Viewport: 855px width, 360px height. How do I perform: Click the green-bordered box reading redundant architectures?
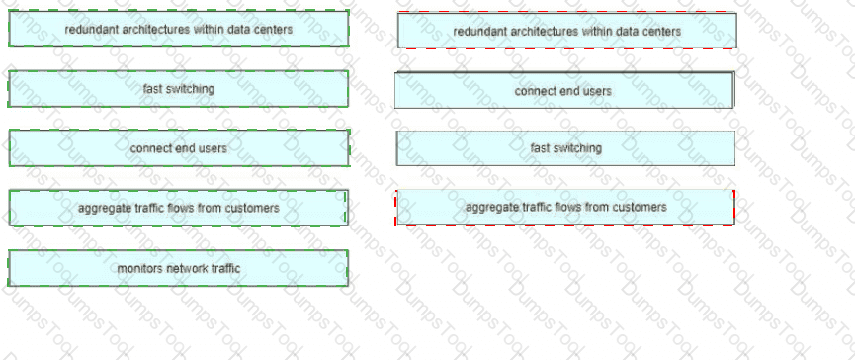(x=178, y=29)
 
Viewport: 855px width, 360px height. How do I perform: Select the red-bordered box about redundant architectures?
(x=567, y=31)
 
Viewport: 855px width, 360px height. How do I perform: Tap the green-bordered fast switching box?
(x=178, y=88)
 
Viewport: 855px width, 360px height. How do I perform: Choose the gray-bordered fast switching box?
(x=565, y=147)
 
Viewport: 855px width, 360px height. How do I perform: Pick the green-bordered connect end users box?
(x=178, y=147)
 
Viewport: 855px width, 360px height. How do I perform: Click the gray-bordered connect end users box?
(x=564, y=90)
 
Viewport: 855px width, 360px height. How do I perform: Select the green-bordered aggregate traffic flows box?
(x=178, y=208)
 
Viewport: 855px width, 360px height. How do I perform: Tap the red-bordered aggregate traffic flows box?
(x=565, y=208)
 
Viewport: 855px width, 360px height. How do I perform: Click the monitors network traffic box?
(x=178, y=268)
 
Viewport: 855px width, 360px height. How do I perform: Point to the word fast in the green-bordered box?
(x=151, y=88)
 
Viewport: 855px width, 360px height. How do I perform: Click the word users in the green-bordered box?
(x=213, y=147)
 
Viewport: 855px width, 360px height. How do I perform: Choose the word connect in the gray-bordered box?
(x=533, y=91)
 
